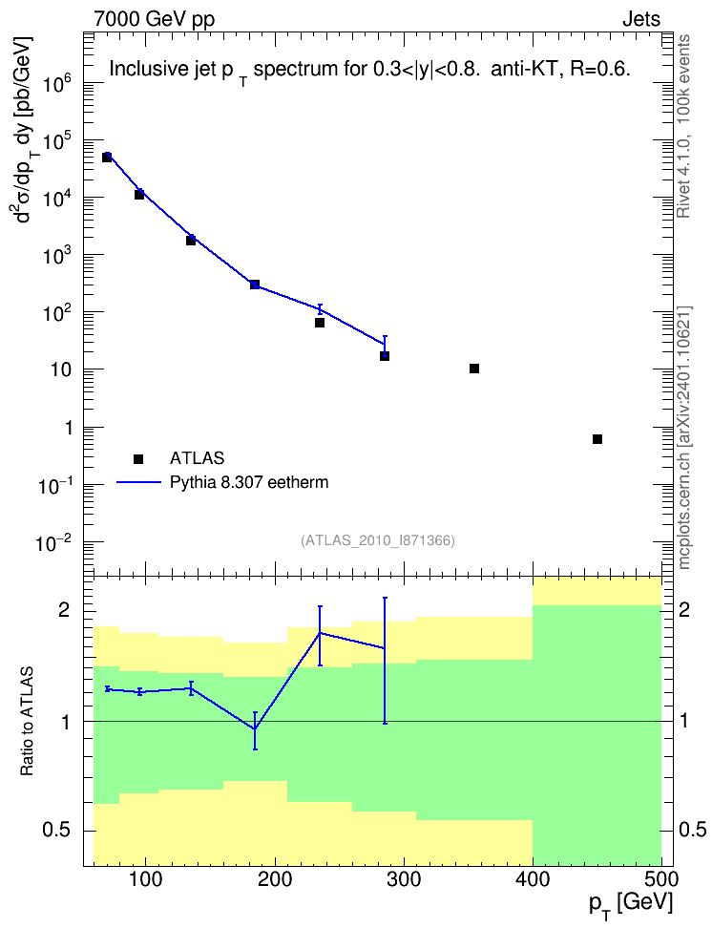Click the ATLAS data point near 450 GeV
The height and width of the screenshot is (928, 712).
(x=597, y=439)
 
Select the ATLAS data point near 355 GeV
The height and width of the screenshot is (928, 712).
(x=474, y=369)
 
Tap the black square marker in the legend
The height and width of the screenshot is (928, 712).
(x=138, y=458)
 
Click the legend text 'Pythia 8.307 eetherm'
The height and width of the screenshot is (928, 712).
(x=248, y=482)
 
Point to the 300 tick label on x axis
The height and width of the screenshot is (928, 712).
(x=405, y=879)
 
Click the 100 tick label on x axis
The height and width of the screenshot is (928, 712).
(x=146, y=879)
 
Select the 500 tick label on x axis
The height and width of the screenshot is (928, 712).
(x=661, y=879)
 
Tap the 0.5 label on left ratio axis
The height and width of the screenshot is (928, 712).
(x=56, y=830)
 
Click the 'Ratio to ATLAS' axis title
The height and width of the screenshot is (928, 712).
(x=27, y=722)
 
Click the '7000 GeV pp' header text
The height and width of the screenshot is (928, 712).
(x=154, y=19)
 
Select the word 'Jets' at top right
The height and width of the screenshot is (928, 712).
(x=641, y=19)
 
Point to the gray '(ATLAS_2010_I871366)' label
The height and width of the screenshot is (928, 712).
(x=378, y=540)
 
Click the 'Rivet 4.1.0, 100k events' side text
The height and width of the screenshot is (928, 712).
(x=683, y=126)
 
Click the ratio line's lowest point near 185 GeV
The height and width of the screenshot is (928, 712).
(x=255, y=729)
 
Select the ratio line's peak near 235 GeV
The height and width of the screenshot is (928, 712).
(x=320, y=633)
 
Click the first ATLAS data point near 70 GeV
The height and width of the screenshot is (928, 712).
(x=107, y=157)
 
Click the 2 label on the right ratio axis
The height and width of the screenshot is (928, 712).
(x=684, y=609)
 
